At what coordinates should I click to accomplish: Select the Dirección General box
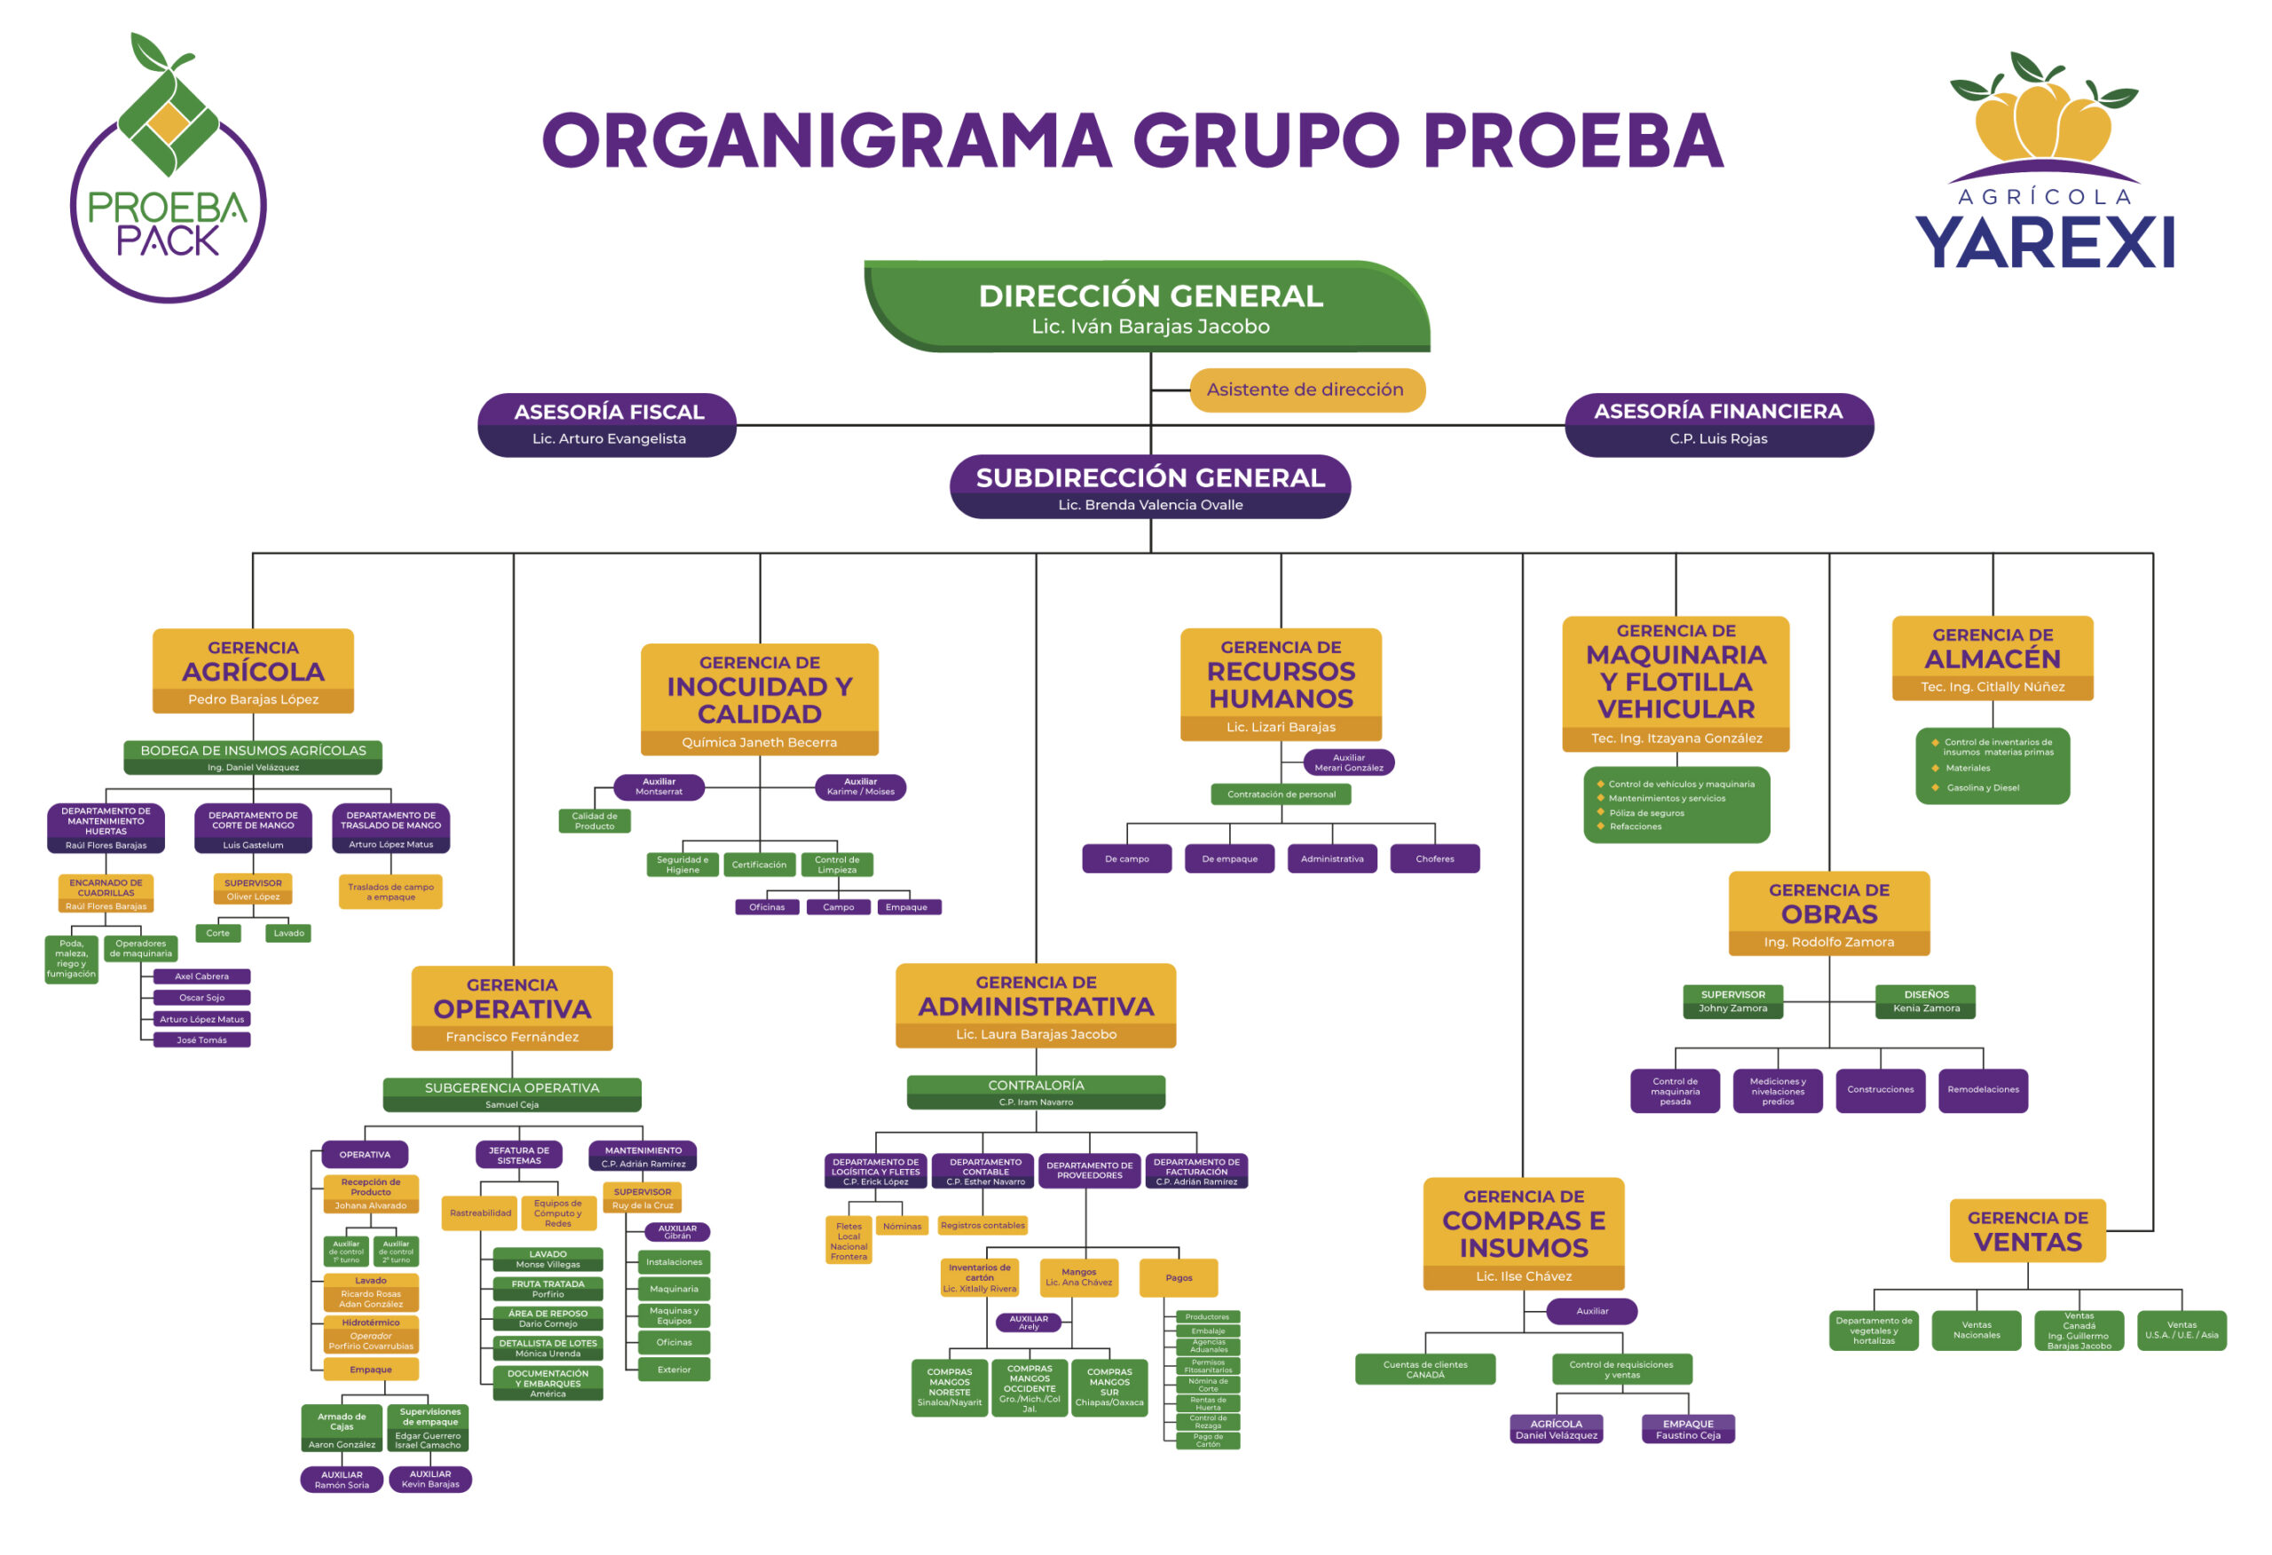(1149, 307)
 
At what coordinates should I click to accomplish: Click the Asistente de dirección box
(1306, 391)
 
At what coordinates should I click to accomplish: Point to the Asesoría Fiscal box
(608, 424)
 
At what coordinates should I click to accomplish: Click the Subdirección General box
(1149, 487)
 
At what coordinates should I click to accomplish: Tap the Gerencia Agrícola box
(253, 671)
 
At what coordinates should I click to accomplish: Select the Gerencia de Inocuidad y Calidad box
(760, 699)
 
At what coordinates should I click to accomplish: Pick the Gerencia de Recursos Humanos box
(1281, 684)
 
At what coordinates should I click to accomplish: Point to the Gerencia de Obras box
(1829, 913)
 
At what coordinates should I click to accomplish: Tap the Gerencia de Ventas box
(2028, 1231)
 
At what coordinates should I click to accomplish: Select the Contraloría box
(1036, 1093)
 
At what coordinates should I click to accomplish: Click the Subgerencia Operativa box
(511, 1095)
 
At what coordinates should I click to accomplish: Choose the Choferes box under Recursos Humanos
(1434, 858)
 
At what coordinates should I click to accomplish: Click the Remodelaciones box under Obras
(1983, 1091)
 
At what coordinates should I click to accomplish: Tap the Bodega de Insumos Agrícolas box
(253, 757)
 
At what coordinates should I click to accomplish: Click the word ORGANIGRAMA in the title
(827, 140)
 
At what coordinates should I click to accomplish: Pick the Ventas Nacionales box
(1976, 1330)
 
